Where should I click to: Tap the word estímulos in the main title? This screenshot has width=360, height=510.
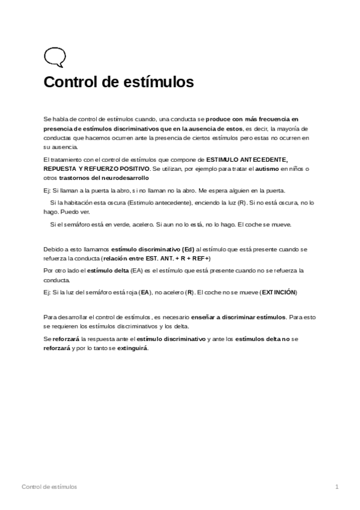click(162, 82)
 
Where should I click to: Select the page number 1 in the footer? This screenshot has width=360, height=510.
click(337, 486)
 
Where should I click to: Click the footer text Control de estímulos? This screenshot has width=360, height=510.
click(49, 486)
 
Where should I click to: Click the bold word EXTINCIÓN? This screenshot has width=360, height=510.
click(279, 292)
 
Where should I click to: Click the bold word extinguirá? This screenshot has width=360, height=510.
click(133, 348)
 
